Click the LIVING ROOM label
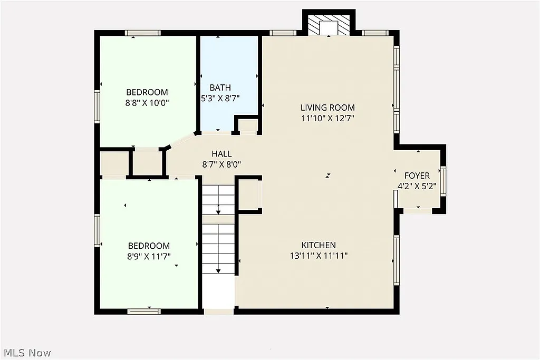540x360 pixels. (x=327, y=108)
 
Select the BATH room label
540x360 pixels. (x=220, y=87)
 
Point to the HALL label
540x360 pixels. (x=221, y=154)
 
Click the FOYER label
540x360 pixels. (x=417, y=176)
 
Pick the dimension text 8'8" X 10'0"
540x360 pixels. (x=147, y=103)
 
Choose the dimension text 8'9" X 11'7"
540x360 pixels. (x=149, y=256)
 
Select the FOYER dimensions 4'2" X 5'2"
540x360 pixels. (x=417, y=186)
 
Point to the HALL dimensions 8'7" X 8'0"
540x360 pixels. (x=221, y=164)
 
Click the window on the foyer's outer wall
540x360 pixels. (x=444, y=180)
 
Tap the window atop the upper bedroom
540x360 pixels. (x=142, y=33)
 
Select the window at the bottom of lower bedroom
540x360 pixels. (x=144, y=312)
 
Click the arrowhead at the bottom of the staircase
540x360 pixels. (x=218, y=271)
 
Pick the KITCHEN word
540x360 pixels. (x=319, y=246)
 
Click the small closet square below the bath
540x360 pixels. (x=248, y=125)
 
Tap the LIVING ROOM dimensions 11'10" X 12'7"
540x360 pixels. (x=327, y=118)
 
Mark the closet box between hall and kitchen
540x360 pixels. (x=249, y=195)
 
